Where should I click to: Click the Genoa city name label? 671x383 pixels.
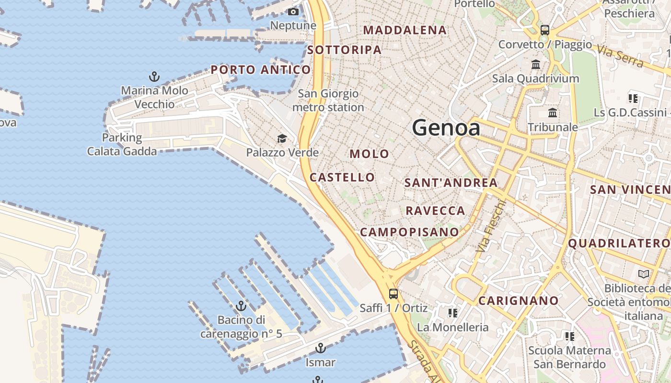446,128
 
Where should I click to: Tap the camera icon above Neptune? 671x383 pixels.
293,11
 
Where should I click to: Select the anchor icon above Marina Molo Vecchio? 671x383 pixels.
154,76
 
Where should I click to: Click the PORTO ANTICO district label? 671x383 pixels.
261,70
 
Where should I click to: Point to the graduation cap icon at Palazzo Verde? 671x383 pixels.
282,139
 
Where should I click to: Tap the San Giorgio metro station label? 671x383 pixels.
328,101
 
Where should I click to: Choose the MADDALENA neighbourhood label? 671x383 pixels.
405,30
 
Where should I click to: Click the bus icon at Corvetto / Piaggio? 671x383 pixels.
544,30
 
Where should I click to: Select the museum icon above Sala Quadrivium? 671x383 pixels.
536,64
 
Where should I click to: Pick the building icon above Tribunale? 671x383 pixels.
553,113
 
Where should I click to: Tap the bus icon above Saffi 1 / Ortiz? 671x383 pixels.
393,293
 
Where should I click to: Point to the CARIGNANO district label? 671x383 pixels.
519,301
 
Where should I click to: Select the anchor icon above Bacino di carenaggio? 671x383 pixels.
241,305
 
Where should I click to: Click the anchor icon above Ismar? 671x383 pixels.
320,348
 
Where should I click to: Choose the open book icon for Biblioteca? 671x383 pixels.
644,274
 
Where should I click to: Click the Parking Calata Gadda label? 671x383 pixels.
122,145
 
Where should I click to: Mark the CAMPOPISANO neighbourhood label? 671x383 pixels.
409,232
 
